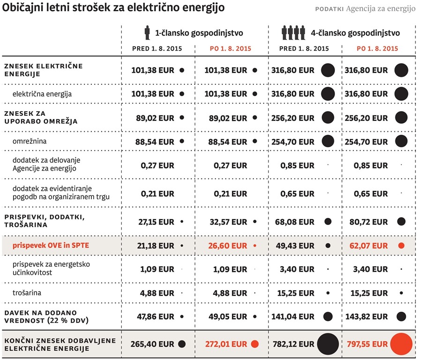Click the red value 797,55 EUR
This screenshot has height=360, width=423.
click(367, 344)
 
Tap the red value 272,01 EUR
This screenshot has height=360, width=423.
click(226, 344)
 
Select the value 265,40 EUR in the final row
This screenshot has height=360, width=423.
click(152, 344)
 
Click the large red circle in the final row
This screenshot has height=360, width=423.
click(401, 344)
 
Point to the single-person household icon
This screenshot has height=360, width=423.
click(147, 33)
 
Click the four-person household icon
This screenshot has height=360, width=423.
click(293, 33)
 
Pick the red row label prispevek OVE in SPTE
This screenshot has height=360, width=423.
click(51, 245)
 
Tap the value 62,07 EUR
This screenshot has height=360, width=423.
click(369, 246)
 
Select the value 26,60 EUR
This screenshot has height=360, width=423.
click(227, 246)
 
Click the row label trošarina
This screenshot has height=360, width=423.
click(27, 293)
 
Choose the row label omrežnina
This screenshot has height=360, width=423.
click(30, 141)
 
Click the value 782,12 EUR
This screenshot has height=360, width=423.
click(294, 344)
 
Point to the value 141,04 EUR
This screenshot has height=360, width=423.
click(293, 316)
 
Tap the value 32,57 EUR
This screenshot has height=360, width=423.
click(228, 222)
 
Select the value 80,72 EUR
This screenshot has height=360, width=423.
click(369, 222)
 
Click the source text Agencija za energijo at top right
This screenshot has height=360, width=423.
click(381, 9)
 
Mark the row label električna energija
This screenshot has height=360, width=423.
click(42, 94)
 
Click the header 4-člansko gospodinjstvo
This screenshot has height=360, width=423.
click(355, 33)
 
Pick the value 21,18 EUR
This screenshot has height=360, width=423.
click(156, 246)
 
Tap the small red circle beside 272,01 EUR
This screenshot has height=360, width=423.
click(255, 344)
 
